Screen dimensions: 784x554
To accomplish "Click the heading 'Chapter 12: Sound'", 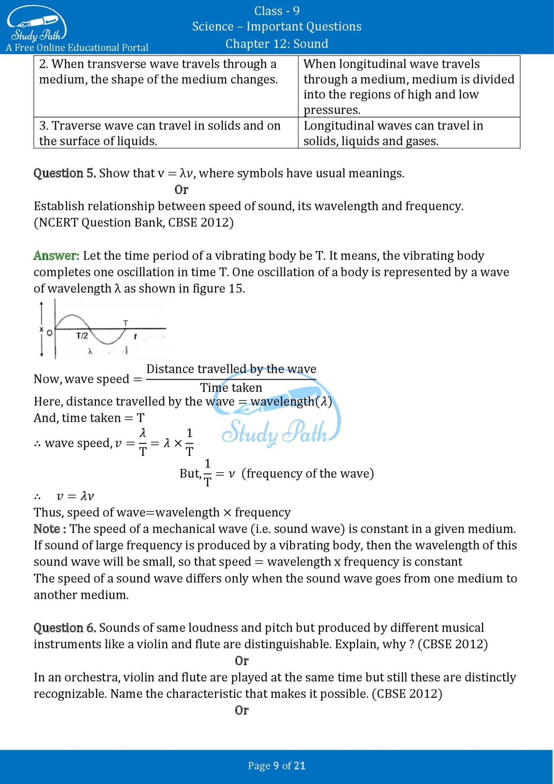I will [x=277, y=44].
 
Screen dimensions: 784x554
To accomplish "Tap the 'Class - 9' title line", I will [x=277, y=11].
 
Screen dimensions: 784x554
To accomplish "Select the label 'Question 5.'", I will [x=65, y=173].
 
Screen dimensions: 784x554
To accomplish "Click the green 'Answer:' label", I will [x=56, y=256].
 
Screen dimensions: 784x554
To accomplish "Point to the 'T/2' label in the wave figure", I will [x=82, y=336].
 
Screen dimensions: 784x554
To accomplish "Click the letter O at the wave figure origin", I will [x=49, y=333].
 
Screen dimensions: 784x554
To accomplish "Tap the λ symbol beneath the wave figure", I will [x=90, y=351].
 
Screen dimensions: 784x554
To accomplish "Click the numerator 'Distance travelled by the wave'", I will [x=231, y=369].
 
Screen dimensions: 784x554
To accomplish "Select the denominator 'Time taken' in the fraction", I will [x=231, y=388].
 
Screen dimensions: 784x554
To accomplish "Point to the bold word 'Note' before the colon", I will [x=47, y=529].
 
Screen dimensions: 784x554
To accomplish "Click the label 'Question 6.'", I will [x=65, y=628].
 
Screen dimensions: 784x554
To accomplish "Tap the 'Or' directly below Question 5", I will [x=181, y=190].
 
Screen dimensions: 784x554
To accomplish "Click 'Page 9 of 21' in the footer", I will [x=277, y=765].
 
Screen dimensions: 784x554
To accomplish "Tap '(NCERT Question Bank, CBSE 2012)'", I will [x=134, y=223].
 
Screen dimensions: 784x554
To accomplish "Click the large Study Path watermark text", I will [x=275, y=433].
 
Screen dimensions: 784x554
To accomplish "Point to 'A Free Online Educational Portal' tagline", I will [x=77, y=48].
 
